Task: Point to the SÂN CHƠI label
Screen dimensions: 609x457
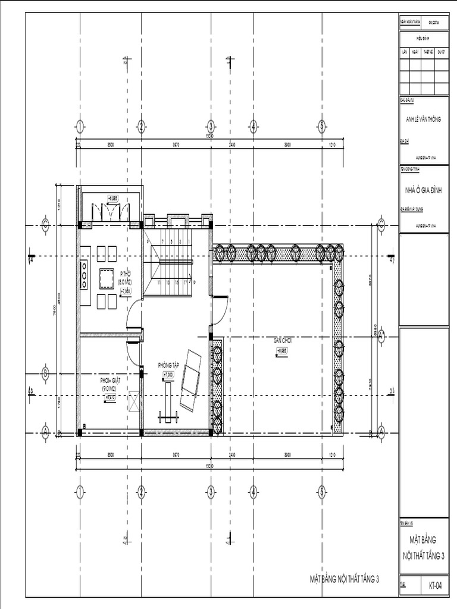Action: [281, 340]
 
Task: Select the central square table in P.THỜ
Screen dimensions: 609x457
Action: [107, 278]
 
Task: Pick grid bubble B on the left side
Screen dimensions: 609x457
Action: [45, 373]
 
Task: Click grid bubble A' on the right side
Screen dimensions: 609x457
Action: [381, 335]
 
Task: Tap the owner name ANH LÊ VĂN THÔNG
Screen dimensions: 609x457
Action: [423, 120]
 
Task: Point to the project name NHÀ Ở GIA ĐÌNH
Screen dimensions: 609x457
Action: [424, 190]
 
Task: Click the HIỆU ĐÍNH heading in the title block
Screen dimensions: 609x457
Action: [423, 37]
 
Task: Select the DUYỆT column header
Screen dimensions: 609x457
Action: [441, 52]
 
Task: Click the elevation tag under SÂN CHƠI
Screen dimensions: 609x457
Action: [281, 351]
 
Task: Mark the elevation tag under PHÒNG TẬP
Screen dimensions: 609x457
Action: [168, 375]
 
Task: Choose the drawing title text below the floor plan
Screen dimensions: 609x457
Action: [344, 578]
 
